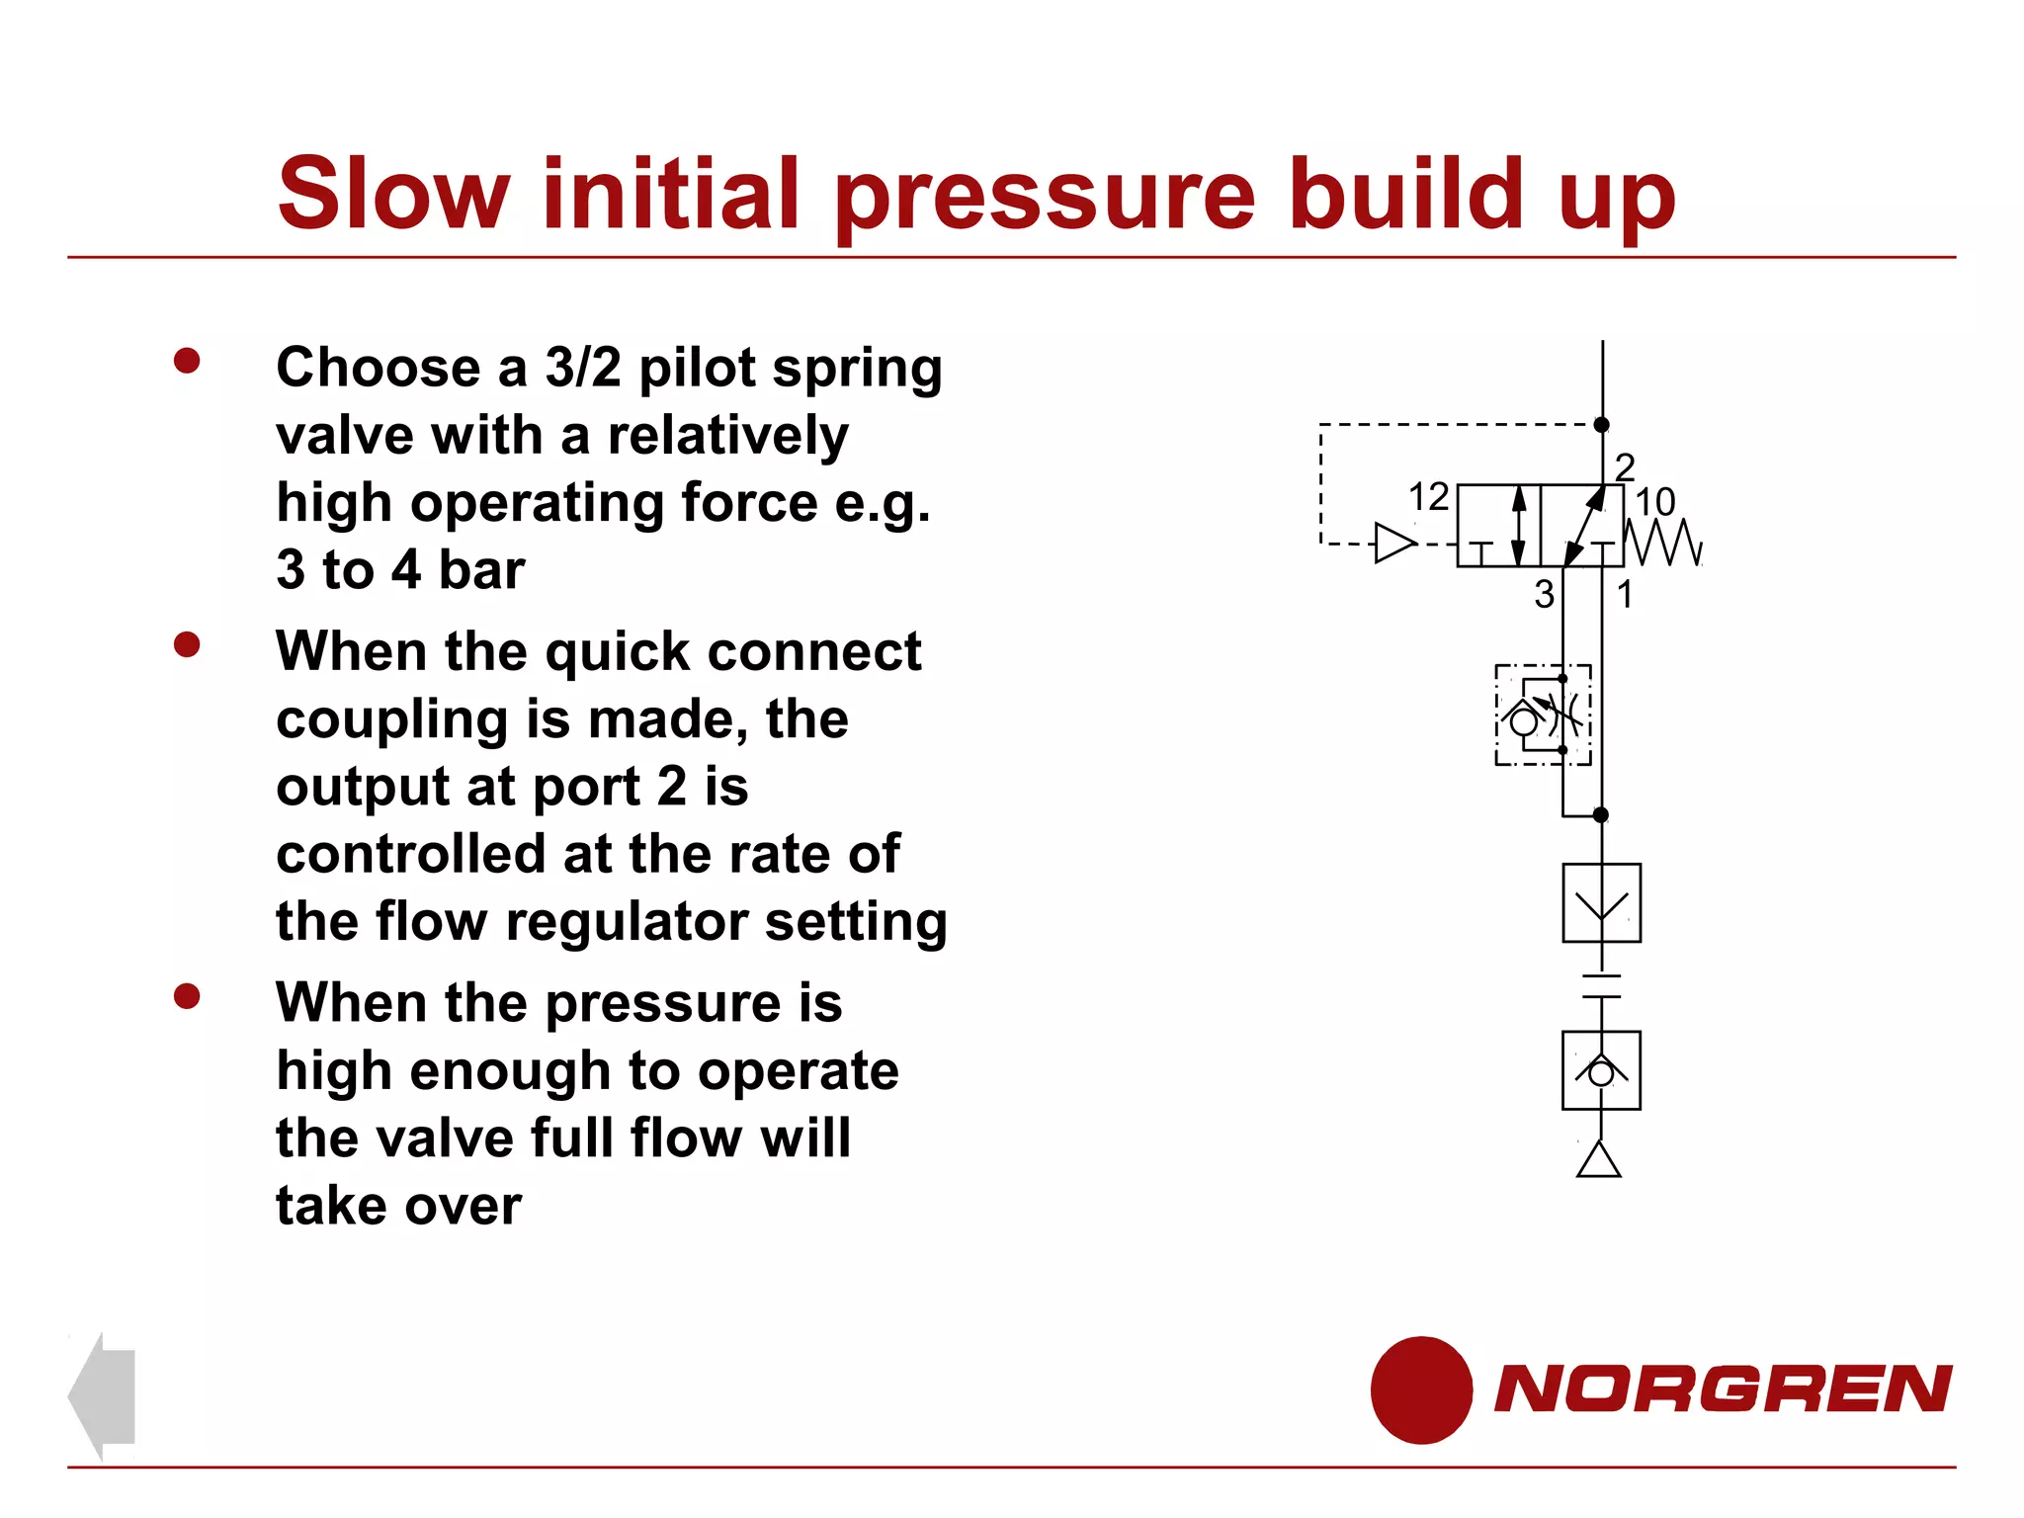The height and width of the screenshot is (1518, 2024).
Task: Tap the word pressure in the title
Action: coord(1046,198)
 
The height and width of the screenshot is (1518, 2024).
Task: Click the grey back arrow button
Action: coord(103,1395)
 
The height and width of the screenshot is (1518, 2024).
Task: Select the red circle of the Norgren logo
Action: coord(1421,1390)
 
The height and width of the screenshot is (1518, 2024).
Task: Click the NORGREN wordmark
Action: coord(1723,1390)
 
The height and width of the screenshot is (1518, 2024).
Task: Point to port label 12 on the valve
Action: coord(1428,497)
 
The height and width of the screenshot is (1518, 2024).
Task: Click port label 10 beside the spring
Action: coord(1654,502)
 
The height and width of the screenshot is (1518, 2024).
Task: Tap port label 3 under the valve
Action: coord(1544,594)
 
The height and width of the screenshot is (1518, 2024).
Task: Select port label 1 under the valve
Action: coord(1625,594)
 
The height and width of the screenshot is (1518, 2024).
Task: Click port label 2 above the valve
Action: coord(1625,465)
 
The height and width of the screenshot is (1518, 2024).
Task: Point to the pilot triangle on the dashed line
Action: coord(1394,543)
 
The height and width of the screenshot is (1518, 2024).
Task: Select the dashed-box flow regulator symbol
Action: coord(1543,715)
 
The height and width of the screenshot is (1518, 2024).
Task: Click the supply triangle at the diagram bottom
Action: coord(1599,1160)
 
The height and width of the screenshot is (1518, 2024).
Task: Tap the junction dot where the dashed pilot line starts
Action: coord(1602,425)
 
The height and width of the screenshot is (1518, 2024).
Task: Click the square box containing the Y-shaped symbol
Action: coord(1601,903)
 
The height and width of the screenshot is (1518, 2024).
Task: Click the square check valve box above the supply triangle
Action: coord(1601,1070)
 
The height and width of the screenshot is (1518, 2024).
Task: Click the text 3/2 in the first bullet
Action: coord(583,368)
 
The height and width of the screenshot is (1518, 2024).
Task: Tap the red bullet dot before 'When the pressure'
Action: coord(187,996)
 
